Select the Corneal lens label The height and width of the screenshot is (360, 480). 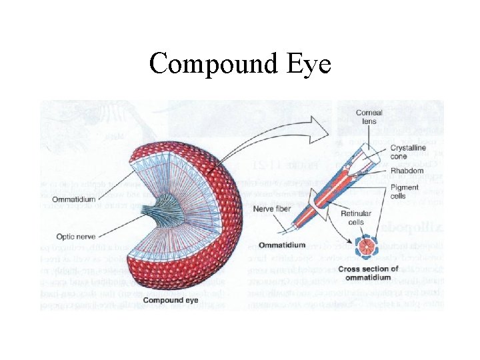pos(369,117)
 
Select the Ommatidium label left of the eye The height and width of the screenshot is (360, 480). pos(78,198)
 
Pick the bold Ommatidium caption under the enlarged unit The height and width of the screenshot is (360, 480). pos(281,245)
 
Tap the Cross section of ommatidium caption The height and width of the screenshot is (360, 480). pos(368,273)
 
